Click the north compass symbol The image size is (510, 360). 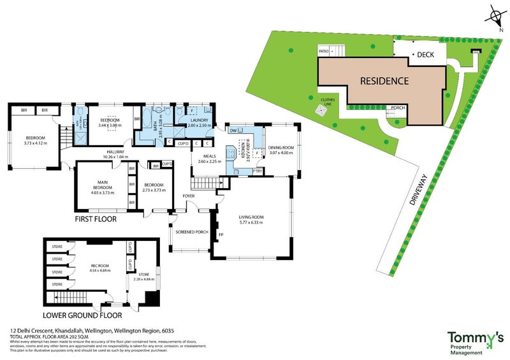coord(495,16)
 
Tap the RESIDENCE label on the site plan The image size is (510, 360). coord(384,81)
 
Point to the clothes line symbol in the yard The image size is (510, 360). coord(323,110)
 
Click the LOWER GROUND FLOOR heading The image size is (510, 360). coord(82,315)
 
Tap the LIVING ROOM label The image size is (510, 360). coord(251,217)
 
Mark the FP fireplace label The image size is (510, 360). coord(221,235)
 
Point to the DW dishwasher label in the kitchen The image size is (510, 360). coord(233,131)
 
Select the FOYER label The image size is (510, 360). coord(189,196)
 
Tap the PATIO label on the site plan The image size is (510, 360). coord(323,49)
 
